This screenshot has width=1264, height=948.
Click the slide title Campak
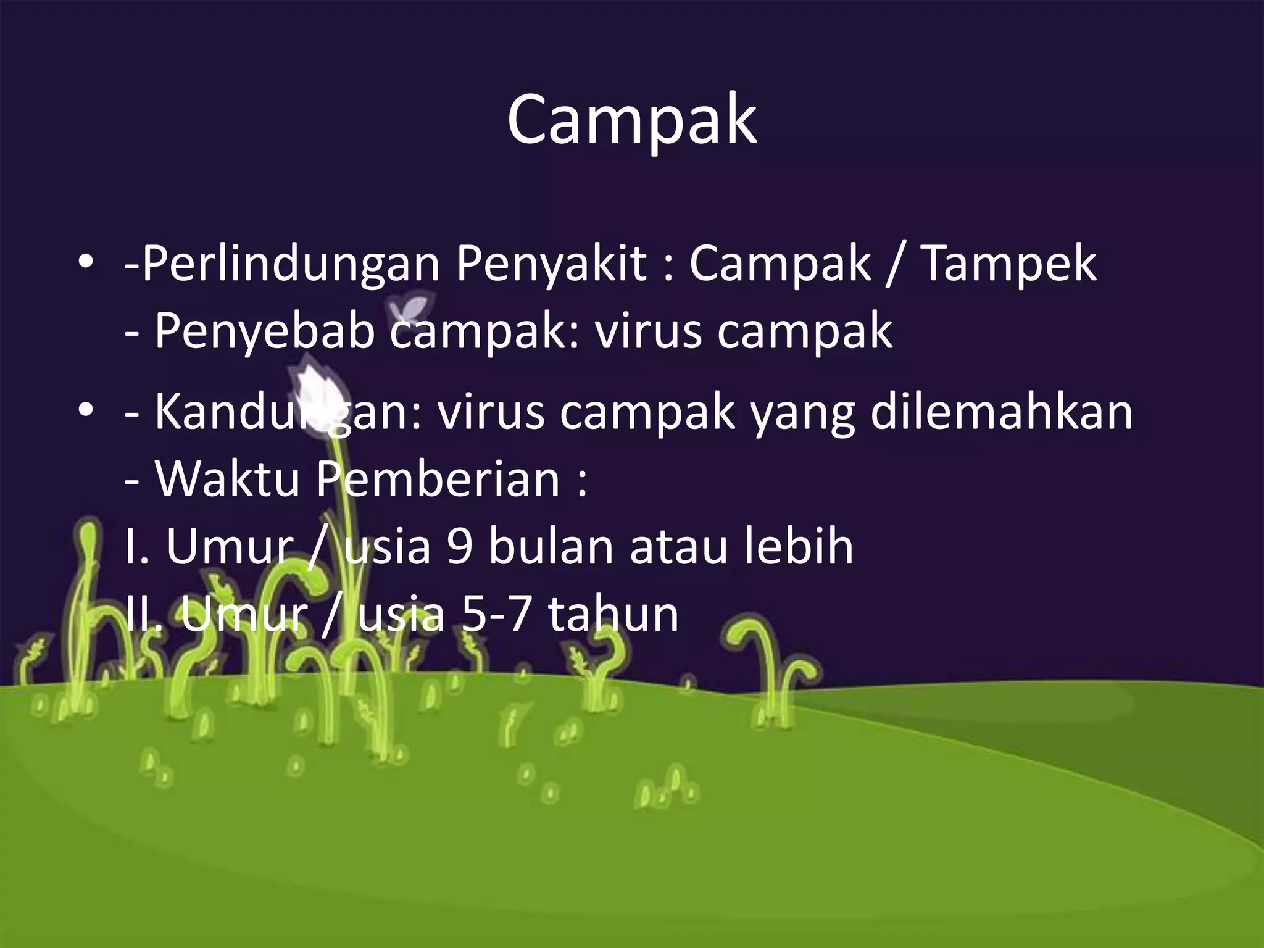click(631, 120)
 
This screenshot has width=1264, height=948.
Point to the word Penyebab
click(264, 331)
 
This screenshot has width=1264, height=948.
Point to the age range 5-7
click(497, 615)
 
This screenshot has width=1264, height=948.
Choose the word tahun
click(613, 615)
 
